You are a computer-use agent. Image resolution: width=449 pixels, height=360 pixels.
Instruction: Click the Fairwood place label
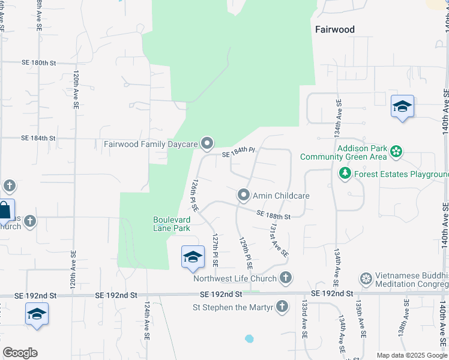point(335,29)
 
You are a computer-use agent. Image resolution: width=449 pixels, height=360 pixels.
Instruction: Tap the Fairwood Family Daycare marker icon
point(208,143)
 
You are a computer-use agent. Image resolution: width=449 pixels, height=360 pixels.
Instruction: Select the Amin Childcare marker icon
point(244,196)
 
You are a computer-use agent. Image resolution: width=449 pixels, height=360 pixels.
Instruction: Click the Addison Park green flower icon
point(396,151)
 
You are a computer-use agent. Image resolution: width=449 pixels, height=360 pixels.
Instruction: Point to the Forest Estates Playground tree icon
point(345,174)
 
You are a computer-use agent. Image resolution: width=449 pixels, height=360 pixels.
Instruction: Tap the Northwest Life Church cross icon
point(286,278)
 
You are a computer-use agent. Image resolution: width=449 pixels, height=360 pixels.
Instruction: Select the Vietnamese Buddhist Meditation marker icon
point(366,278)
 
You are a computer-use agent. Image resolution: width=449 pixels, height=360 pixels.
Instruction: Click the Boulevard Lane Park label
point(172,224)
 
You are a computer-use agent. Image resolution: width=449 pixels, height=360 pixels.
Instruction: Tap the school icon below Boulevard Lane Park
point(193,257)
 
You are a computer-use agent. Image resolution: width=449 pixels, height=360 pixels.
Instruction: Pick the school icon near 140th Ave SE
point(402,107)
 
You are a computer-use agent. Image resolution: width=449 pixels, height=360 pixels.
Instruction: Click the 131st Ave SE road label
point(279,240)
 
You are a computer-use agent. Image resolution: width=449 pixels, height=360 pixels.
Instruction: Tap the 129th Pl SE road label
point(246,251)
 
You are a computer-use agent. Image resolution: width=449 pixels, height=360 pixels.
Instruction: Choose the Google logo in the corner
point(20,353)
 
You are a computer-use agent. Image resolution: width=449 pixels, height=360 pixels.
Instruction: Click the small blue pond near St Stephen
point(249,338)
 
